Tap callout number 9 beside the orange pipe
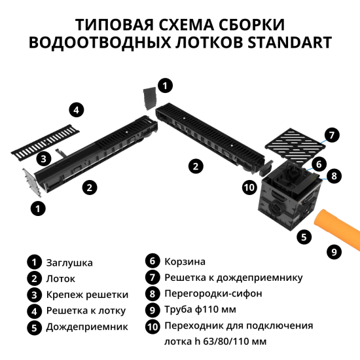pyautogui.click(x=334, y=251)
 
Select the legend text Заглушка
pyautogui.click(x=69, y=262)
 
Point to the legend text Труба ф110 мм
pyautogui.click(x=200, y=309)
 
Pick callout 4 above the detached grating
pyautogui.click(x=77, y=109)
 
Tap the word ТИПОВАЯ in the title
pyautogui.click(x=115, y=25)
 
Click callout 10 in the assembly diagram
pyautogui.click(x=248, y=188)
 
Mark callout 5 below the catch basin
pyautogui.click(x=303, y=237)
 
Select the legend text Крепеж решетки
pyautogui.click(x=86, y=294)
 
